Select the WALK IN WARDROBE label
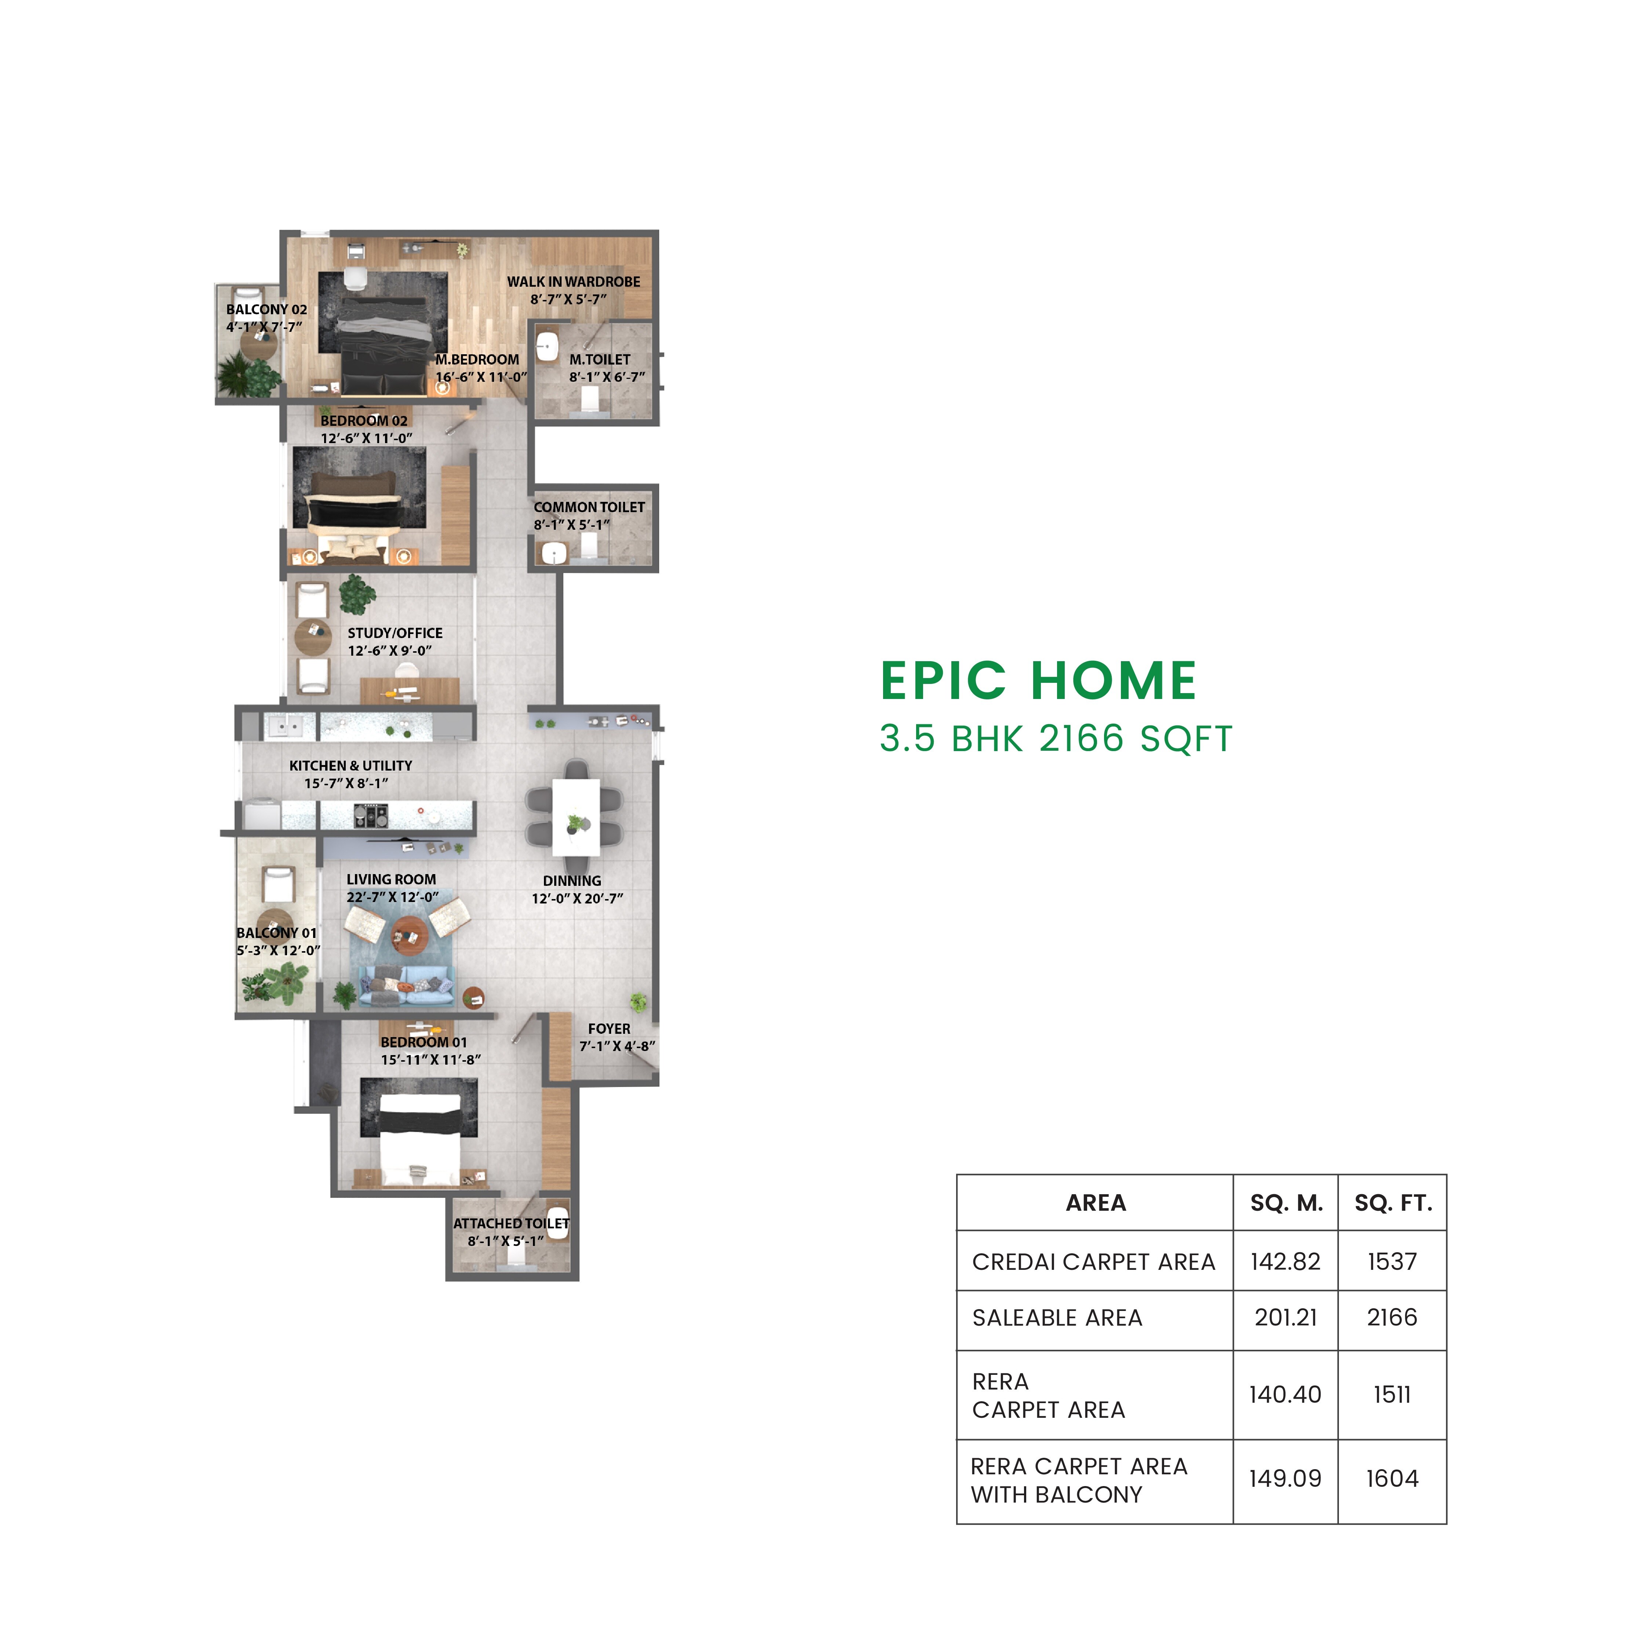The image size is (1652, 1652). point(573,281)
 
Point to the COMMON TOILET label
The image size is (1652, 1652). point(589,507)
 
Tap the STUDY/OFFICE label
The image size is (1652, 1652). point(395,633)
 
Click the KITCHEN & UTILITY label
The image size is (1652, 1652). point(351,765)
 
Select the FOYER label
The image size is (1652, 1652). point(609,1029)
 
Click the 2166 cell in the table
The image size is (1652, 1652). point(1391,1318)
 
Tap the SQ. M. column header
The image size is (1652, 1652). point(1285,1203)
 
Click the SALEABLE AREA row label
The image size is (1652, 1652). point(1057,1318)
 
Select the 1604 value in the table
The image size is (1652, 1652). point(1391,1478)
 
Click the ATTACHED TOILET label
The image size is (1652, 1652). point(511,1224)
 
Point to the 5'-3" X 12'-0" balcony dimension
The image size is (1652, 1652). point(278,950)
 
